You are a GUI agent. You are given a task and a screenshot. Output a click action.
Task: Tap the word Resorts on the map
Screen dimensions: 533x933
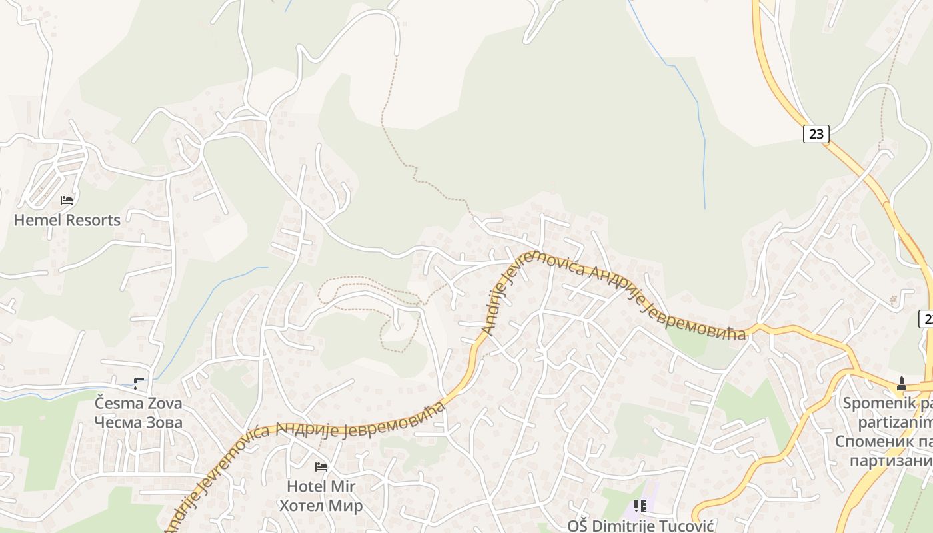click(94, 220)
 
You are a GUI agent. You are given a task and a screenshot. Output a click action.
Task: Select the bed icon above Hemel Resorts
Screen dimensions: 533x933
click(67, 200)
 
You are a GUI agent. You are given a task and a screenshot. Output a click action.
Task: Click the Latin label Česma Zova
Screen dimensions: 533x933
click(138, 403)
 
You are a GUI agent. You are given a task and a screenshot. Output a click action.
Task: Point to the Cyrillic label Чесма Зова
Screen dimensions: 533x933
click(138, 422)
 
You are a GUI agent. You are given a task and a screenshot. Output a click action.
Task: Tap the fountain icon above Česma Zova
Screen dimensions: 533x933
click(138, 383)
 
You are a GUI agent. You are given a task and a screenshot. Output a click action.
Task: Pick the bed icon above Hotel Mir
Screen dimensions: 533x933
click(321, 466)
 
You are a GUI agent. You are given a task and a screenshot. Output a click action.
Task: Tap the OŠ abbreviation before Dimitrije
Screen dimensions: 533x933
click(577, 526)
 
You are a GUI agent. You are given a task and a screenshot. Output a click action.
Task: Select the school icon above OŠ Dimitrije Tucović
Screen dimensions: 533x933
click(640, 506)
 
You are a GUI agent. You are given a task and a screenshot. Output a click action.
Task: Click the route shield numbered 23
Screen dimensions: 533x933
click(816, 134)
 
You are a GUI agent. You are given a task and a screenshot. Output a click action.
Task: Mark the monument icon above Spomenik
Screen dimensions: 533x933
click(902, 384)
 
